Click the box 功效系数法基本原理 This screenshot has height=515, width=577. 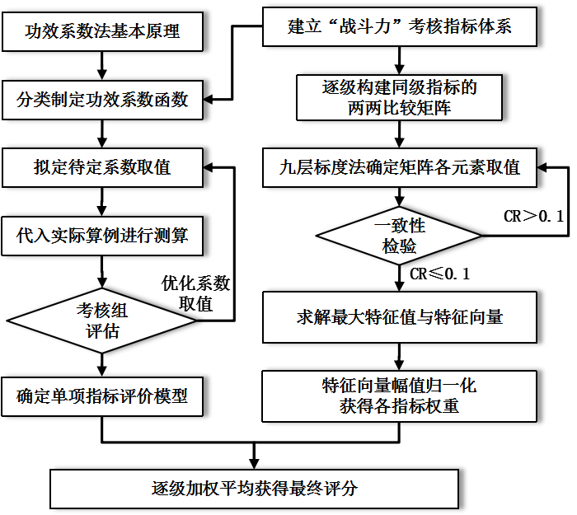102,32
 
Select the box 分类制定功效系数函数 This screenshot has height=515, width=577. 102,100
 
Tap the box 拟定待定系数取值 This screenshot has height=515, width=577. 102,167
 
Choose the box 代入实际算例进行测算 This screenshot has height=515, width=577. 102,236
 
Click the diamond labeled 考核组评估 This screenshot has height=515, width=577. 102,321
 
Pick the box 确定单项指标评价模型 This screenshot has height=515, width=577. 102,396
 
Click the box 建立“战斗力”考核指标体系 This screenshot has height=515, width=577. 400,26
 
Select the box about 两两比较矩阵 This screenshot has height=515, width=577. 400,97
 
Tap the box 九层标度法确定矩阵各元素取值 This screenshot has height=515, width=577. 400,167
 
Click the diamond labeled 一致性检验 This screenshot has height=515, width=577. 400,236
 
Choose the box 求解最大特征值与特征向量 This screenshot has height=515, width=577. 400,316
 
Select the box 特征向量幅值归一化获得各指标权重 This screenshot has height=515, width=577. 400,396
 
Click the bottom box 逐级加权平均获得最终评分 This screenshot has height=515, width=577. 254,489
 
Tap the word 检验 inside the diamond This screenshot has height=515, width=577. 400,246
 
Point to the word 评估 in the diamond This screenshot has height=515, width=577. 102,331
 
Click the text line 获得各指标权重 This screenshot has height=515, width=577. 400,406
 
